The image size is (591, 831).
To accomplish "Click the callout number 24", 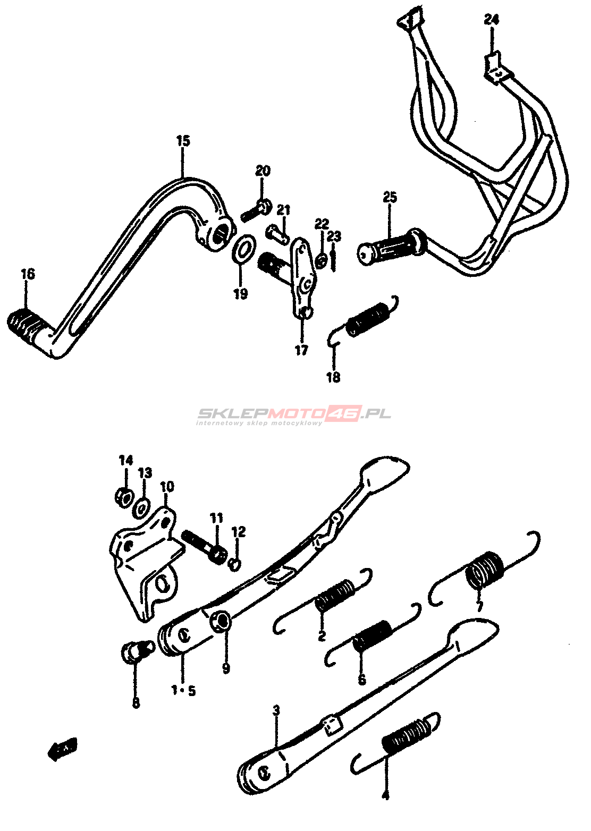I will pyautogui.click(x=491, y=20).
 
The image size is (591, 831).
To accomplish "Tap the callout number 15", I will pyautogui.click(x=183, y=141).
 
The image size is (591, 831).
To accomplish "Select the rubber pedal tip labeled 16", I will pyautogui.click(x=24, y=324).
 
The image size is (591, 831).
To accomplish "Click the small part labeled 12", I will pyautogui.click(x=234, y=564).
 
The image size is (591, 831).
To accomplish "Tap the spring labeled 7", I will pyautogui.click(x=485, y=571).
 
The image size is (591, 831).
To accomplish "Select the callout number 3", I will pyautogui.click(x=276, y=710).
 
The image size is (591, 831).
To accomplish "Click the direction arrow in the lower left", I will pyautogui.click(x=63, y=749).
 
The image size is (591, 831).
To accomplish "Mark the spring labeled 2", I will pyautogui.click(x=335, y=595).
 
